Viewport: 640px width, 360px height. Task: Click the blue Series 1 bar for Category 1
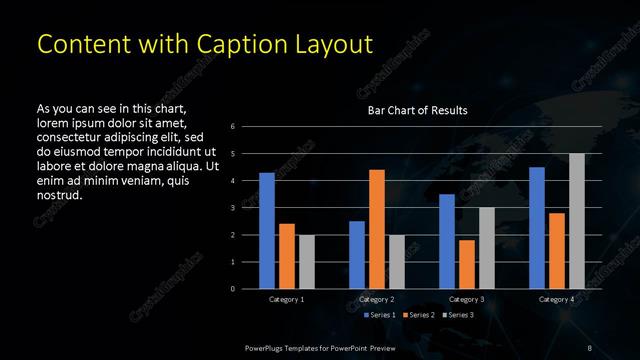point(267,231)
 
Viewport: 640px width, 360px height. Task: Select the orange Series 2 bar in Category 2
point(377,229)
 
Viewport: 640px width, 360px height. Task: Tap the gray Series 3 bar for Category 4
point(577,221)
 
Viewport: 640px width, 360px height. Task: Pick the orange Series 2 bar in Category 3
point(467,264)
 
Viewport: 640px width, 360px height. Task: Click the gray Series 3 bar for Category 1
point(307,262)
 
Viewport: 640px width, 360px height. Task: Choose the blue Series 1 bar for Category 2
point(357,255)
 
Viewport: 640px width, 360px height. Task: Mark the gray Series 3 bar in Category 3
point(487,248)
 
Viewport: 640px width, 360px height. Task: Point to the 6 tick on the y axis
point(232,127)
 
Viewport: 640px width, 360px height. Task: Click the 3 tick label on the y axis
point(232,208)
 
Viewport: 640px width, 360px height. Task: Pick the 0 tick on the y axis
point(232,289)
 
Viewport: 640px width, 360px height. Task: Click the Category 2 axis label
point(377,299)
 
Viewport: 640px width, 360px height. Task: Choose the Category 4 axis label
point(556,299)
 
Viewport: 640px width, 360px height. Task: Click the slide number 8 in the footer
point(589,347)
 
